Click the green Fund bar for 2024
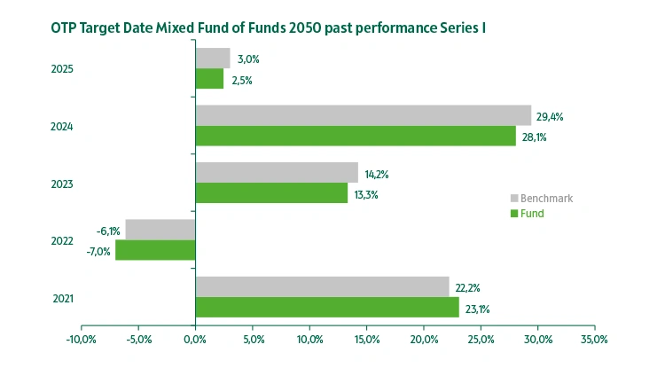point(355,136)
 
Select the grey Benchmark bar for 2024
point(363,115)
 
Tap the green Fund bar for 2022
point(155,250)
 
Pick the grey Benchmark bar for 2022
point(160,229)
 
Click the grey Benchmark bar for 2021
point(322,286)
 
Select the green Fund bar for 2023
point(271,193)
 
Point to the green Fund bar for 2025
point(209,79)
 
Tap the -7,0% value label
point(98,251)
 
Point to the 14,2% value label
point(377,174)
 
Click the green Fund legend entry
point(533,213)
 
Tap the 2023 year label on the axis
point(62,184)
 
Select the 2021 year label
point(62,298)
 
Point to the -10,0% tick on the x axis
point(81,340)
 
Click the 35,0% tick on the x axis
point(594,340)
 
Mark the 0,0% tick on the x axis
point(195,340)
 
